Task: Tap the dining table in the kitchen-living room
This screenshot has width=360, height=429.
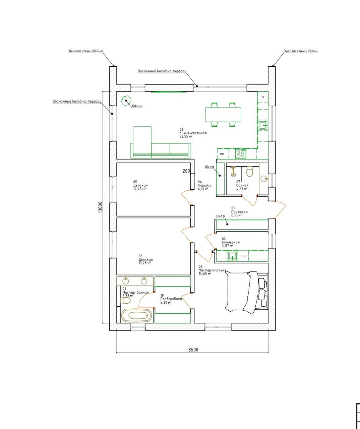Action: tap(223, 115)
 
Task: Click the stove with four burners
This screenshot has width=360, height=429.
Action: tap(241, 154)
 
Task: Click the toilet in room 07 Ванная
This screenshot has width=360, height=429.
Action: tap(249, 172)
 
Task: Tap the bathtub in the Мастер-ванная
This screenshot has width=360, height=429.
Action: tap(136, 315)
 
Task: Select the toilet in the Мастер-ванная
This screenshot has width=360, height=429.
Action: tap(125, 300)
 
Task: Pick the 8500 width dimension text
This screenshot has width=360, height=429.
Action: tap(193, 350)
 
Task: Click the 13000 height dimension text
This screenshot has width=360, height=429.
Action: tap(101, 207)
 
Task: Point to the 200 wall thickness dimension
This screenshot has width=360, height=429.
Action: tap(186, 171)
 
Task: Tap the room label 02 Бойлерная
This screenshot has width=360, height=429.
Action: tap(231, 242)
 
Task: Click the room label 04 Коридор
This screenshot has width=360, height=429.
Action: tap(204, 185)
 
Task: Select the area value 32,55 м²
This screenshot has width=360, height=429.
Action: tap(186, 136)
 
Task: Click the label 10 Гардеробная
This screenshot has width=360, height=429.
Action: tap(171, 299)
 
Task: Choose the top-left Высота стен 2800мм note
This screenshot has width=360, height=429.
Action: tap(86, 51)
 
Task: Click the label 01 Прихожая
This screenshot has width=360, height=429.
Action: tap(239, 212)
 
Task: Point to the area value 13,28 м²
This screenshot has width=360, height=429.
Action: tap(144, 263)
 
